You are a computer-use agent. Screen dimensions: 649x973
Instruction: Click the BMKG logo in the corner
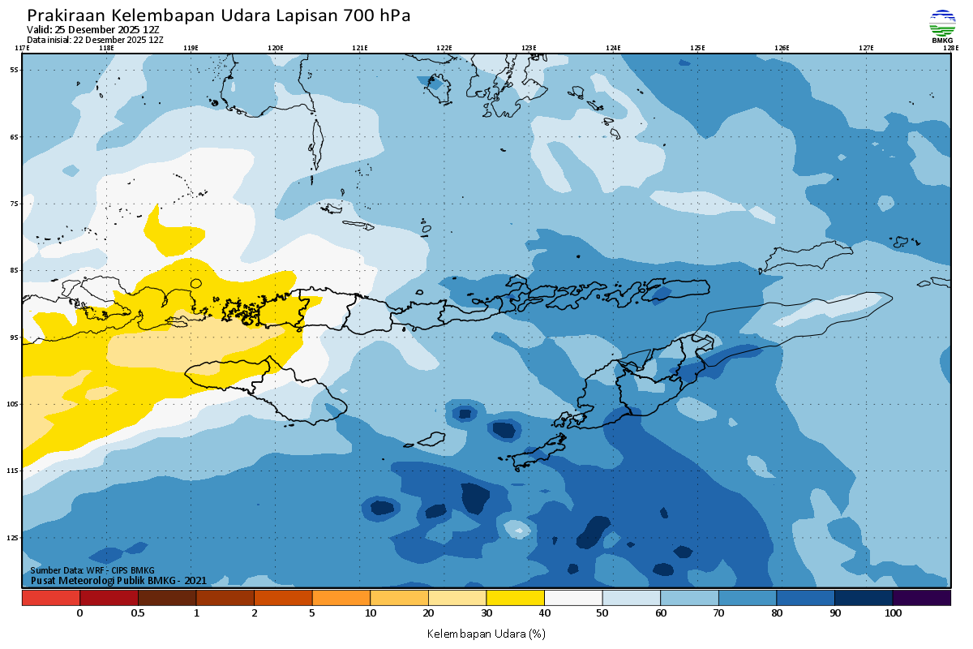pyautogui.click(x=942, y=26)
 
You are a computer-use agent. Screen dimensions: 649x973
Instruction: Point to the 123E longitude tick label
pyautogui.click(x=529, y=48)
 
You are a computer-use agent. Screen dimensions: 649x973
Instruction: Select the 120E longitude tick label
pyautogui.click(x=275, y=48)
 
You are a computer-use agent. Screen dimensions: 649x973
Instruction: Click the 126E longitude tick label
pyautogui.click(x=782, y=48)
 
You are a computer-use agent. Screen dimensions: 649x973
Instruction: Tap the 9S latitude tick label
pyautogui.click(x=14, y=337)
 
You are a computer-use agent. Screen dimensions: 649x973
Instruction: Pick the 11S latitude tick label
pyautogui.click(x=14, y=471)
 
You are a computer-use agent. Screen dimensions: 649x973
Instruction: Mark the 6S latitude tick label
pyautogui.click(x=14, y=137)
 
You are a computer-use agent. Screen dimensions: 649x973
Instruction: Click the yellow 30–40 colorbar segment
pyautogui.click(x=515, y=597)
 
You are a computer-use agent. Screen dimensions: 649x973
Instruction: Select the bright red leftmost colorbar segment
pyautogui.click(x=50, y=597)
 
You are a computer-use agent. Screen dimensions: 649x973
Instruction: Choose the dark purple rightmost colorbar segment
pyautogui.click(x=921, y=597)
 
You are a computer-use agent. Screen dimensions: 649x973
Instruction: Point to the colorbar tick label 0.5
pyautogui.click(x=138, y=613)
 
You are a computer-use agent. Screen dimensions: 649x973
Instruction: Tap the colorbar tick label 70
pyautogui.click(x=718, y=613)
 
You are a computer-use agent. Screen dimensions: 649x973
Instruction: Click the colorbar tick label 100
pyautogui.click(x=893, y=613)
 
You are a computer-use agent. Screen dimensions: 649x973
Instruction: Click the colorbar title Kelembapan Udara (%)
pyautogui.click(x=486, y=633)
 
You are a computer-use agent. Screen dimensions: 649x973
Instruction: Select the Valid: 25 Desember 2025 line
pyautogui.click(x=93, y=29)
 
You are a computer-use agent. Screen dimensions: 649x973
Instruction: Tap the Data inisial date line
pyautogui.click(x=95, y=39)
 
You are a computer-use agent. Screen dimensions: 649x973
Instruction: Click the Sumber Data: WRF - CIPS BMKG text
pyautogui.click(x=92, y=570)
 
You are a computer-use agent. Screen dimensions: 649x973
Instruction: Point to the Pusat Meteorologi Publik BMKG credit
pyautogui.click(x=118, y=580)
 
